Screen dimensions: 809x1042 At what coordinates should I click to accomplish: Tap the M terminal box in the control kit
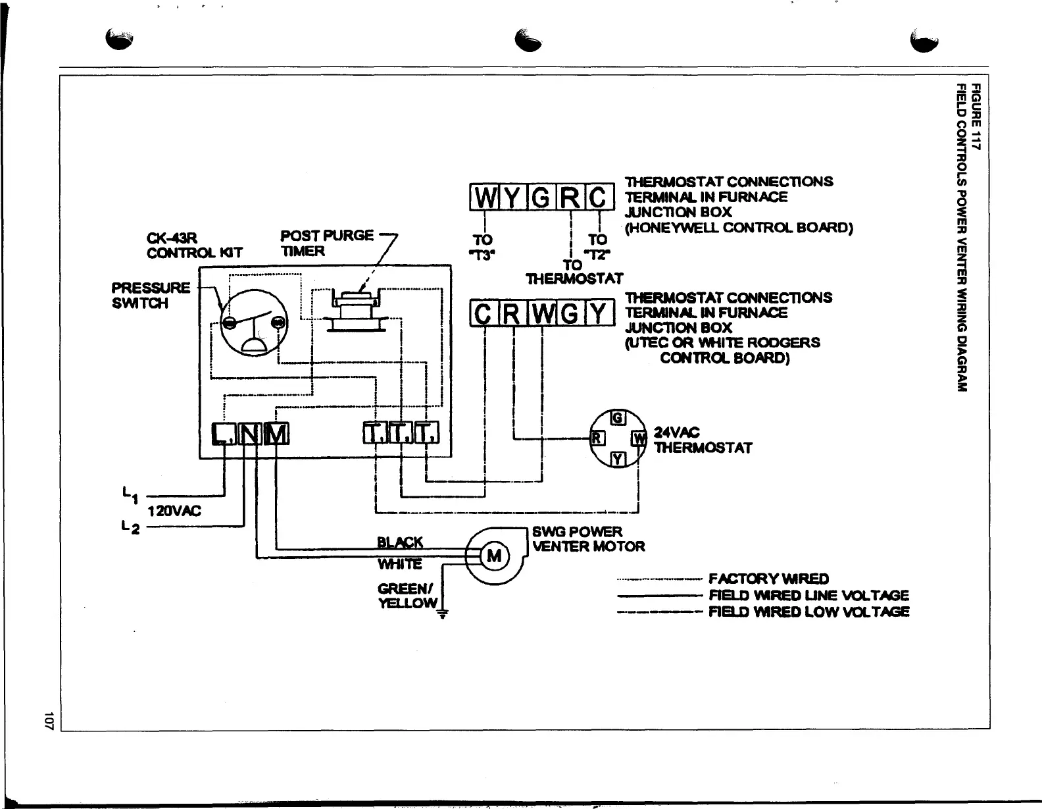pyautogui.click(x=276, y=433)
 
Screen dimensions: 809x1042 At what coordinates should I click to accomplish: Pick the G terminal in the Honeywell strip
pyautogui.click(x=541, y=197)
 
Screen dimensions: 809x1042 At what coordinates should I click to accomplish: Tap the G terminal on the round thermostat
pyautogui.click(x=617, y=417)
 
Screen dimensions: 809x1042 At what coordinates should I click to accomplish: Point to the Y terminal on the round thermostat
pyautogui.click(x=617, y=459)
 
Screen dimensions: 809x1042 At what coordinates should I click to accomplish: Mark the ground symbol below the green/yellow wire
pyautogui.click(x=443, y=615)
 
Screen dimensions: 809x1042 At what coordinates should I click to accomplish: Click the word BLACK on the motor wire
pyautogui.click(x=400, y=542)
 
